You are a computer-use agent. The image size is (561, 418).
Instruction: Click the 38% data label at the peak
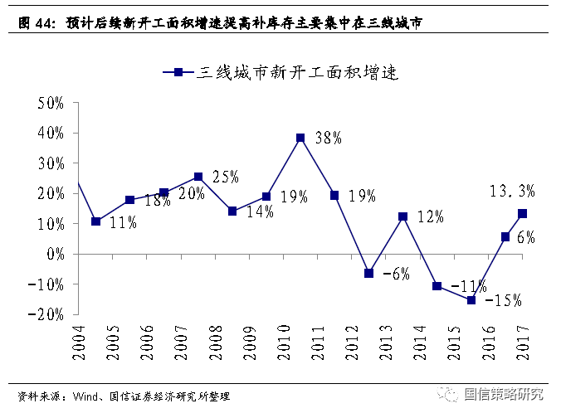[329, 139]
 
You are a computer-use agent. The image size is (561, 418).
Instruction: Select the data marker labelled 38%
[300, 138]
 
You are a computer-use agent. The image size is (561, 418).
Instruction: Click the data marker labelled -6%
[369, 273]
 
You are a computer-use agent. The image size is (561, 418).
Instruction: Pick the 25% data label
[225, 176]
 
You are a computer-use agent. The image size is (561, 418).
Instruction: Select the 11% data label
[123, 222]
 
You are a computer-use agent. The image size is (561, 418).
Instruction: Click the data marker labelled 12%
[403, 216]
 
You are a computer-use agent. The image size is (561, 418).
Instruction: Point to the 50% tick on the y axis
[50, 103]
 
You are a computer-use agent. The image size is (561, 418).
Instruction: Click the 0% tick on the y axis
[55, 254]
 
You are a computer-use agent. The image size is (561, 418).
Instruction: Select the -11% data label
[469, 286]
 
